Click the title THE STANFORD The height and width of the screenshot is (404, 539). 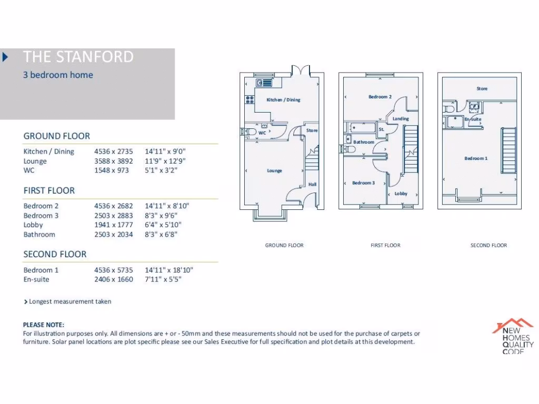tap(78, 57)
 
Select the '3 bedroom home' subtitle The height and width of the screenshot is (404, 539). tap(58, 75)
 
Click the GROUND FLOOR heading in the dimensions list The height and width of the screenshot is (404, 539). tap(56, 136)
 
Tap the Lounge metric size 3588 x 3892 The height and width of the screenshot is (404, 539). tap(114, 161)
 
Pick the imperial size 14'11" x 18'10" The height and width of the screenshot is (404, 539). tap(169, 270)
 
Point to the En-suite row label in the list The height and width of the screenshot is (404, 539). tap(36, 279)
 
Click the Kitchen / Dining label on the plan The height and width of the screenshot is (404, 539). tap(283, 99)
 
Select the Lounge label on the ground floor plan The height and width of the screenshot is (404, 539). tap(274, 170)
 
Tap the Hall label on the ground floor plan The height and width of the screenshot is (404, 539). tap(312, 184)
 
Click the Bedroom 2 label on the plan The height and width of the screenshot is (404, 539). tap(380, 97)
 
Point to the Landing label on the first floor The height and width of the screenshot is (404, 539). tap(400, 119)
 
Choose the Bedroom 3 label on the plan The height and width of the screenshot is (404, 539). tap(363, 183)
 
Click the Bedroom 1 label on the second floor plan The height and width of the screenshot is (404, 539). tap(476, 158)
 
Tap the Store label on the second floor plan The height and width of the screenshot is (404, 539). tap(482, 89)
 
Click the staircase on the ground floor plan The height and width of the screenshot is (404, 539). tap(312, 159)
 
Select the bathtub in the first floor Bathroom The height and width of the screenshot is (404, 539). tap(361, 128)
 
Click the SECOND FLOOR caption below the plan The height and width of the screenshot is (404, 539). tap(488, 245)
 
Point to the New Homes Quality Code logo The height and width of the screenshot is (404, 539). tap(513, 335)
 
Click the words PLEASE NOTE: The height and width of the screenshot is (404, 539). tap(44, 325)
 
